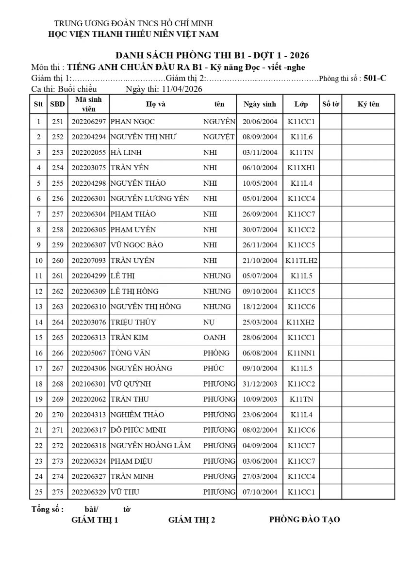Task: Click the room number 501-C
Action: [x=375, y=78]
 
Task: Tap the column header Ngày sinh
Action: [x=260, y=104]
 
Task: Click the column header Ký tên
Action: [x=368, y=104]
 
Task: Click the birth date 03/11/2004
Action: [x=260, y=153]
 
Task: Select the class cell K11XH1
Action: [x=301, y=168]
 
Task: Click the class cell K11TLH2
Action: [x=301, y=260]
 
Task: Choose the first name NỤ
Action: [x=208, y=323]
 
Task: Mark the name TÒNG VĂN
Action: [x=129, y=353]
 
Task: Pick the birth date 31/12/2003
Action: [x=260, y=384]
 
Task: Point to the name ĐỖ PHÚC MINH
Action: [x=138, y=430]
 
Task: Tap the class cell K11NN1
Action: [x=301, y=353]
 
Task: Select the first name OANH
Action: [x=213, y=338]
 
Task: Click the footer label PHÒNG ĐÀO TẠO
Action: [x=304, y=519]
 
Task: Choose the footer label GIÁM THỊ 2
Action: [x=192, y=520]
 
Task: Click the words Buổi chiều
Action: [x=77, y=89]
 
